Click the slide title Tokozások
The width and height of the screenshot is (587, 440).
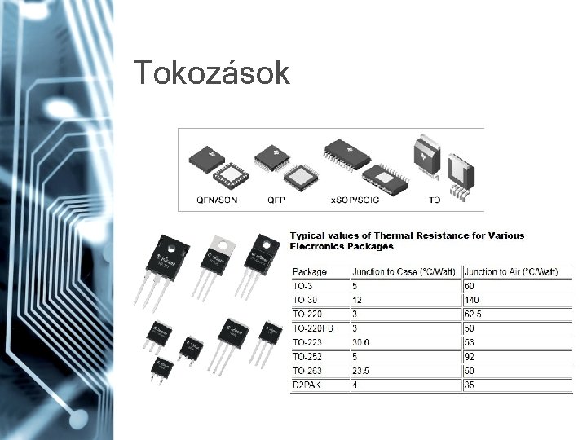tap(212, 73)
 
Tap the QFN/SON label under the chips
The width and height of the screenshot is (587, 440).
tap(218, 199)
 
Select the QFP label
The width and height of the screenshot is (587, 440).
tap(276, 199)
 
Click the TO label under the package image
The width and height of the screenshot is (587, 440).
tap(435, 199)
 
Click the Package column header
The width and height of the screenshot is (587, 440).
tap(310, 271)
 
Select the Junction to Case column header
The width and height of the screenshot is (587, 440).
tap(404, 271)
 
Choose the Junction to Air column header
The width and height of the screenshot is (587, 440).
tap(516, 271)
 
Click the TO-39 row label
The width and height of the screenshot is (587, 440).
tap(307, 300)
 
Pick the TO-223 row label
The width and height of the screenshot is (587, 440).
tap(310, 342)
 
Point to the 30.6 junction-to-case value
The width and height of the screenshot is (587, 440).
tap(361, 342)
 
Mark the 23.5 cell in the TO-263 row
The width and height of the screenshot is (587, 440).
tap(361, 371)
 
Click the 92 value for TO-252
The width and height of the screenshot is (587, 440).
tap(470, 357)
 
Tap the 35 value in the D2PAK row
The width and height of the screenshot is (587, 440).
tap(470, 385)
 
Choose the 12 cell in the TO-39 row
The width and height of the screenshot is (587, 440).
tap(357, 300)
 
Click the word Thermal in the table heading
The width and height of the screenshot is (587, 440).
tap(404, 236)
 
